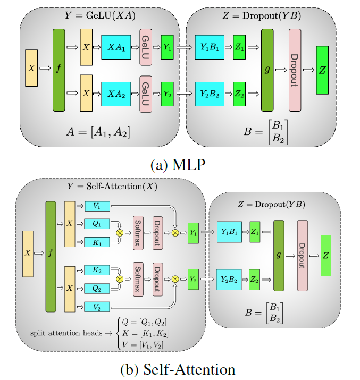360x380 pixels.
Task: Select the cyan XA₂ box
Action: coord(115,93)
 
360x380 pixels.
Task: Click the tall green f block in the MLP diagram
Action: coord(58,70)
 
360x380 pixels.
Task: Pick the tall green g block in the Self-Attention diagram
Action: coord(279,255)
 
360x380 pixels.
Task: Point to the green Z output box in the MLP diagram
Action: coord(322,70)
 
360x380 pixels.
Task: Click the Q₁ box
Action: coord(96,223)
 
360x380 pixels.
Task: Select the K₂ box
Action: coord(96,271)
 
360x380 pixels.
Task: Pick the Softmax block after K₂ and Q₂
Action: coord(137,278)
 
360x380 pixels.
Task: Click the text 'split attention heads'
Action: coord(63,333)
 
